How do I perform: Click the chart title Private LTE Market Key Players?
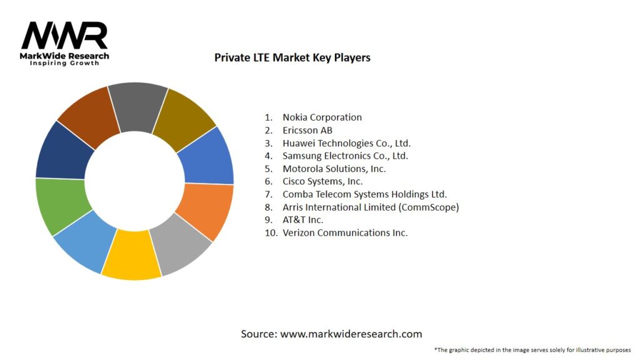[292, 57]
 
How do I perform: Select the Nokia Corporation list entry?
[322, 117]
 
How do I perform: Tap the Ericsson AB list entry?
[307, 130]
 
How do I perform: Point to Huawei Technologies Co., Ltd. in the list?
[346, 143]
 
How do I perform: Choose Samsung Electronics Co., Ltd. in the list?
[345, 156]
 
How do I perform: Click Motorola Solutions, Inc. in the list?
[334, 169]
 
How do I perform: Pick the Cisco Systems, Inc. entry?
[322, 181]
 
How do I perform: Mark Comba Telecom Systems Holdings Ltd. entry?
[364, 194]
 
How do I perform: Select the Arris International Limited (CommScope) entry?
[371, 207]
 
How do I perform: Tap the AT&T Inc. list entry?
[302, 220]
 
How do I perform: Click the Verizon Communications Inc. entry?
[345, 232]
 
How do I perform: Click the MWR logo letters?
[64, 36]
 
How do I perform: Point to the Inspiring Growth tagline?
[64, 64]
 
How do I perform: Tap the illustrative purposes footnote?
[532, 349]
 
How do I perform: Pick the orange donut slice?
[207, 209]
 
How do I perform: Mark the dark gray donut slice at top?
[137, 106]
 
